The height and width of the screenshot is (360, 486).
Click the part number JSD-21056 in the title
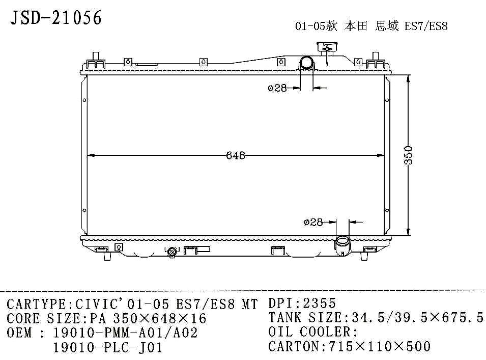[56, 18]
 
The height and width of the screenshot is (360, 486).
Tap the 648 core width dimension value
[236, 155]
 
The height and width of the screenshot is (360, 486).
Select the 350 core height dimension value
[408, 155]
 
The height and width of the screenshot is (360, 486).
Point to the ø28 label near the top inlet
[277, 88]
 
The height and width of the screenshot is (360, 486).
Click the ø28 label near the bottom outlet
[313, 222]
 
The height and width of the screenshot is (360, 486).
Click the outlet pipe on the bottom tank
[342, 245]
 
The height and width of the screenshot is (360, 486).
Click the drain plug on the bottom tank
[171, 252]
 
